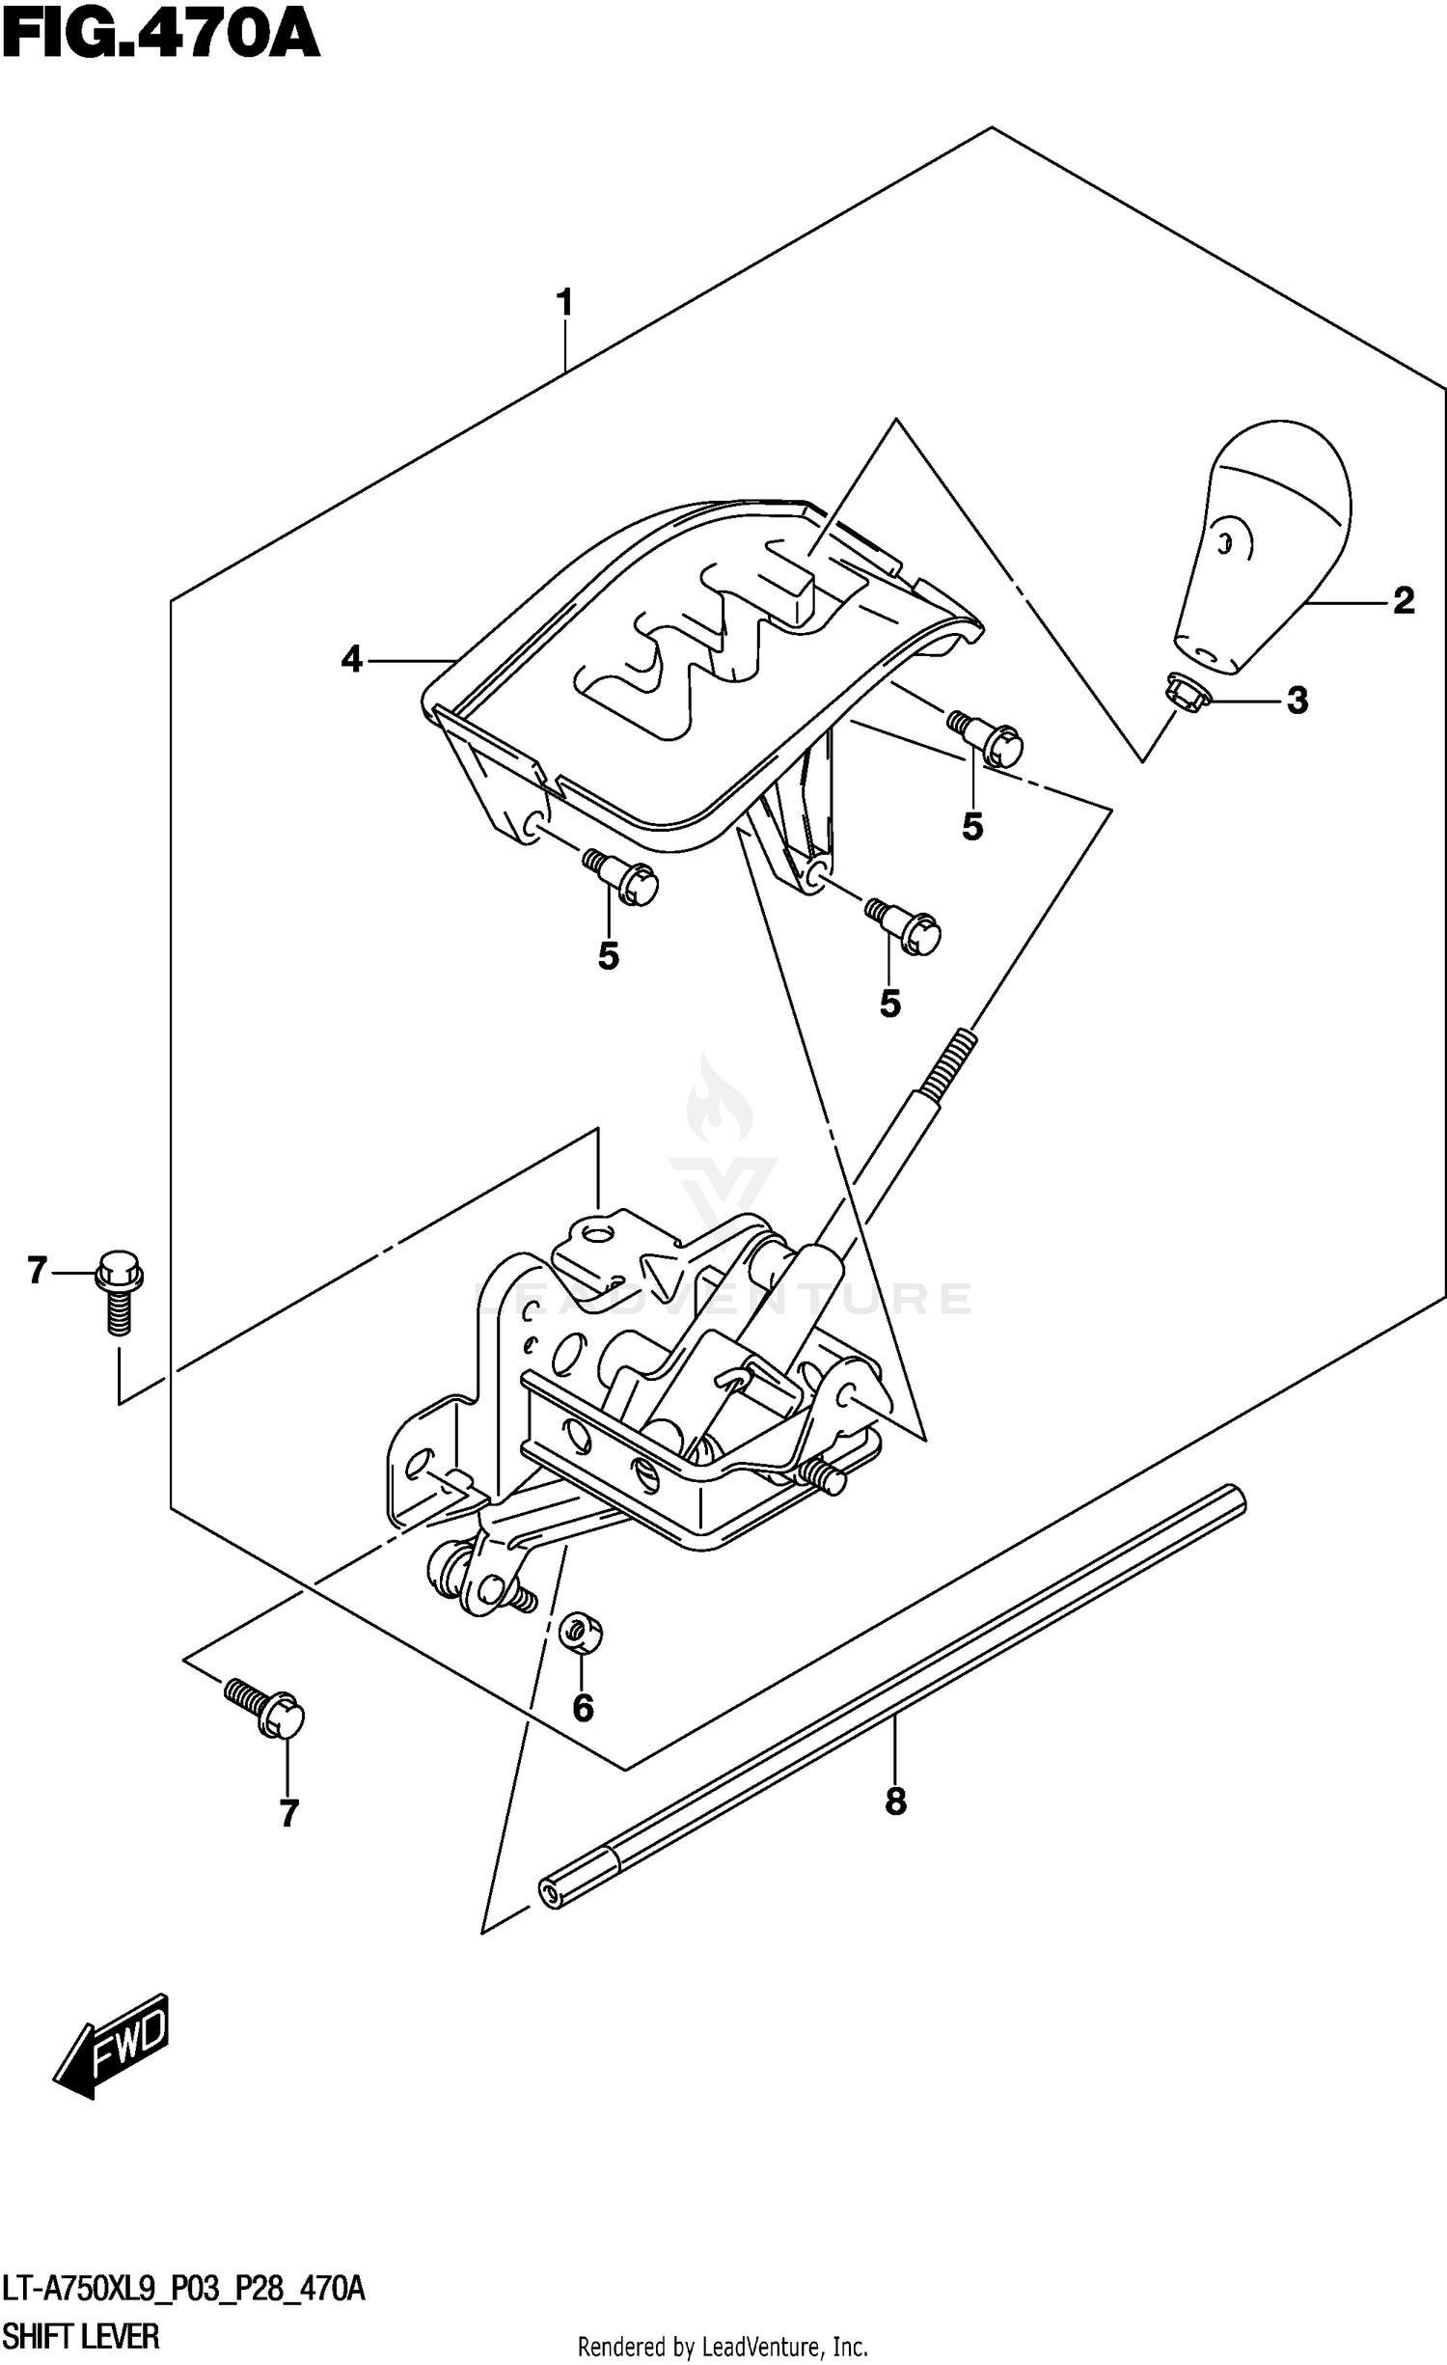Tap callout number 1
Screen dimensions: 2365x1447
[564, 303]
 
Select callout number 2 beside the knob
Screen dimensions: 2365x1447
[1404, 601]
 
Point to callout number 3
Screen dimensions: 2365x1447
[1297, 701]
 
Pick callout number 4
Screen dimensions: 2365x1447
[352, 660]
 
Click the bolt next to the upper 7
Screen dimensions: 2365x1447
[119, 1290]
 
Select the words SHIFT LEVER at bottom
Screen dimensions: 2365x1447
[81, 2338]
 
